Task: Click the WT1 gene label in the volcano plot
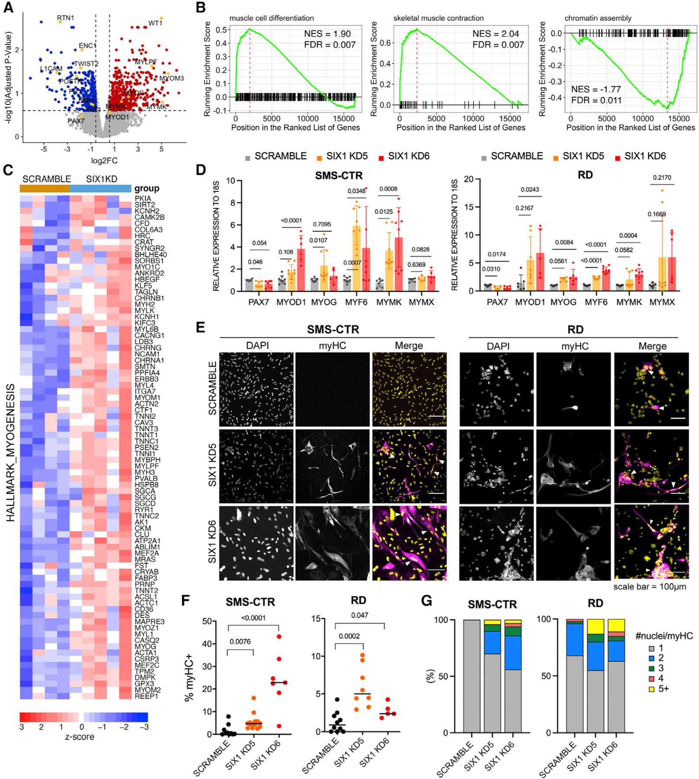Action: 155,23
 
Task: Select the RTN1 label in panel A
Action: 65,18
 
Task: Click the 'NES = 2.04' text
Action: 495,34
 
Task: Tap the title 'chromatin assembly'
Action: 598,18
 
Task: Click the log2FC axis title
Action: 104,161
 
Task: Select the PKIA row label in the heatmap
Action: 142,198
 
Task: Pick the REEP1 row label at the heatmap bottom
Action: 146,696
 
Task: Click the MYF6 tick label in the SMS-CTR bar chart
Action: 356,302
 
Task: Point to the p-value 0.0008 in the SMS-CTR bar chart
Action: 388,189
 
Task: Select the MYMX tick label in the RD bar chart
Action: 662,302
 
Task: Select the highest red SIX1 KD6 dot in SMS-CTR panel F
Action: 279,637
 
